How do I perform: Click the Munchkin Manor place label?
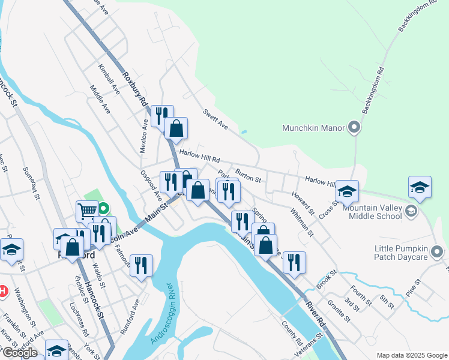tap(314, 128)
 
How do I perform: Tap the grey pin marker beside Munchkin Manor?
tap(354, 127)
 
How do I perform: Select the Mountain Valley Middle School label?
tap(372, 211)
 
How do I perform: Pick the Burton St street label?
tap(248, 175)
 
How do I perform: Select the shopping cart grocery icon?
tap(87, 211)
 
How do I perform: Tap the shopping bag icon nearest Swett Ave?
tap(176, 128)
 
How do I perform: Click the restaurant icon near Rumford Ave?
tap(141, 265)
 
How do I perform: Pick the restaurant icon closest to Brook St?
tap(294, 262)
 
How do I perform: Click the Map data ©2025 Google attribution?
tap(411, 355)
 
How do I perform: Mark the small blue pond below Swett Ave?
tap(243, 132)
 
